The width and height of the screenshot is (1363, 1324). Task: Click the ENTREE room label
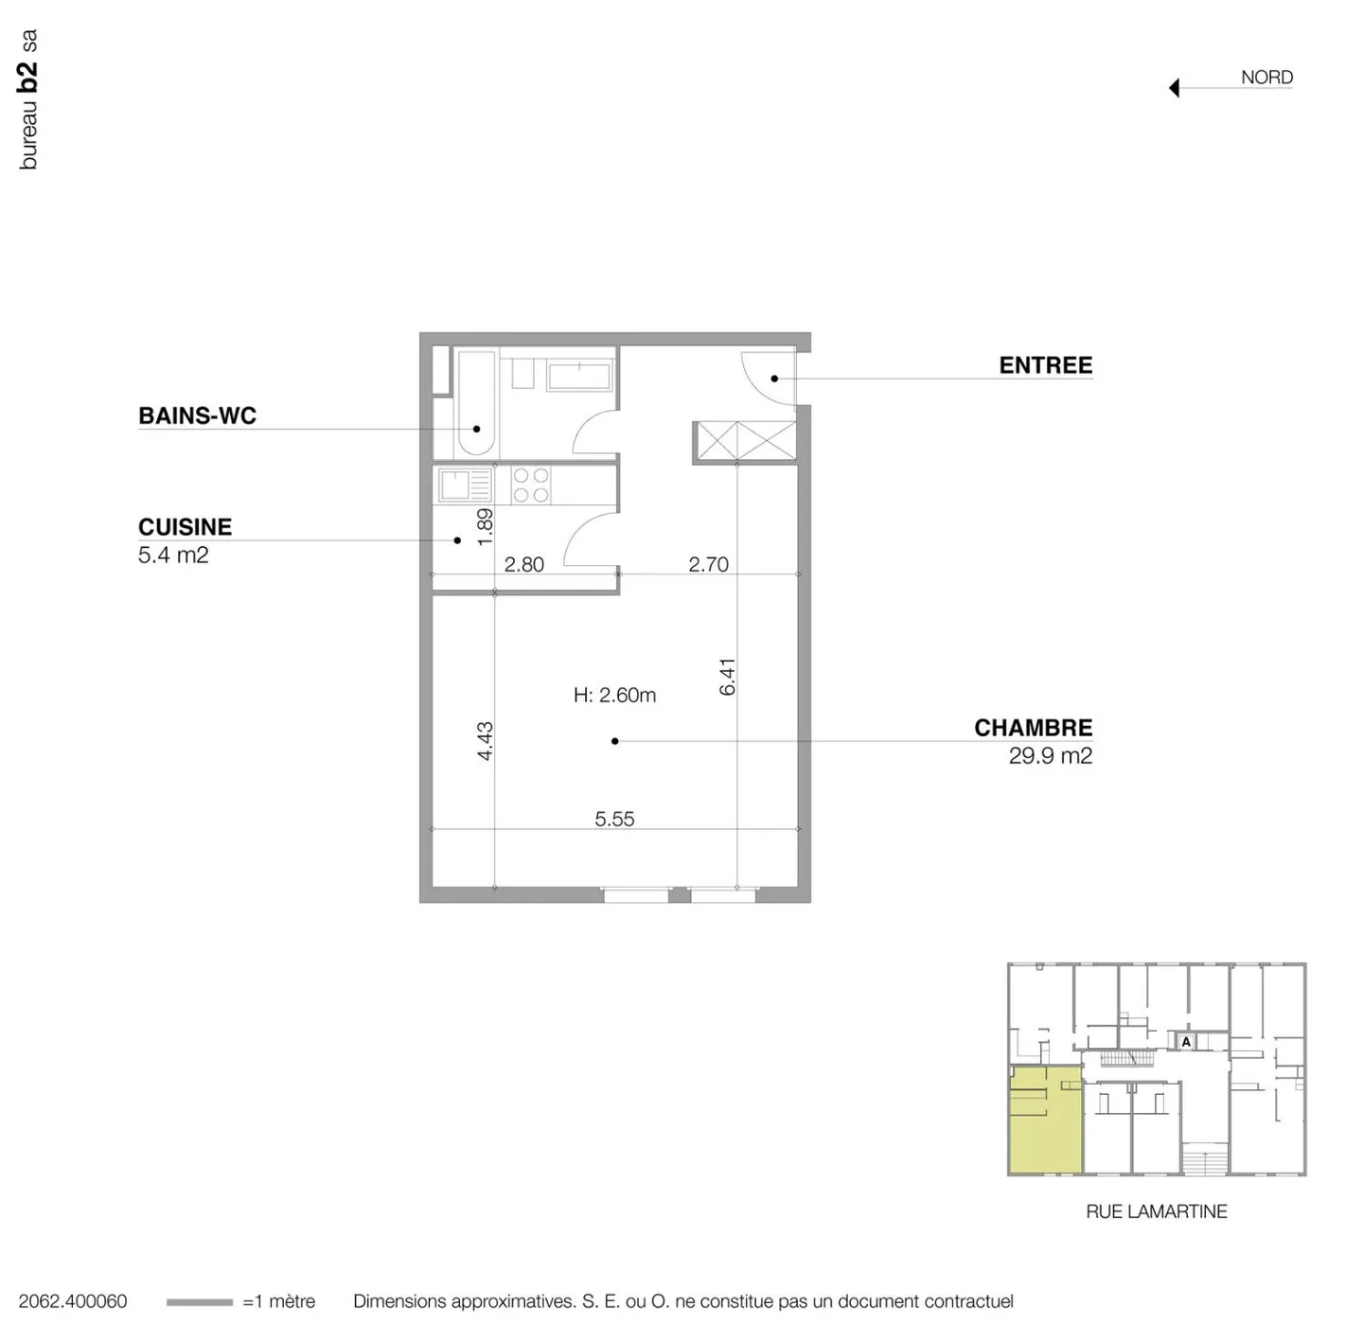(1045, 365)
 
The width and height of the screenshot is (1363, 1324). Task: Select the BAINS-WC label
(197, 415)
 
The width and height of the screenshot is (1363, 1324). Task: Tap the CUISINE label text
(185, 527)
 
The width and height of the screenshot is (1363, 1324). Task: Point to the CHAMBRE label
(1033, 728)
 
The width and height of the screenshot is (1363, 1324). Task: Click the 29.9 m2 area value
(1050, 756)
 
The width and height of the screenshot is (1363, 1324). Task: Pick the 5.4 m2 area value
(173, 556)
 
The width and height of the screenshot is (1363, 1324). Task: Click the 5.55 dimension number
(614, 819)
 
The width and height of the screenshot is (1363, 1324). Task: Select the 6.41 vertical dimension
(727, 677)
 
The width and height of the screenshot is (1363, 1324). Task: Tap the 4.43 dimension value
(485, 741)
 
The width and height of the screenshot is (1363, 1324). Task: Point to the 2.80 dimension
(523, 564)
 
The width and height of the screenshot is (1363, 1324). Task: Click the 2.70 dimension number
(708, 564)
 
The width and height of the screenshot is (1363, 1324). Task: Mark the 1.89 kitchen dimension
(485, 527)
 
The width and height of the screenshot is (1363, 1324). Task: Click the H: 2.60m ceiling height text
(614, 696)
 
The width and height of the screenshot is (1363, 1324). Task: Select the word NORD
(1266, 78)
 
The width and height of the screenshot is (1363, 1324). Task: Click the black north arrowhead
(1175, 88)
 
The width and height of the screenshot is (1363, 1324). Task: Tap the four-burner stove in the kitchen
(530, 485)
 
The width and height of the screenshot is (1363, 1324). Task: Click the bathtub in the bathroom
(475, 404)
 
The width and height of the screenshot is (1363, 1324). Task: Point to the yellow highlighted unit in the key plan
(1045, 1121)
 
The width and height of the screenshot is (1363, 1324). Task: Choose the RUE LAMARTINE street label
(1156, 1211)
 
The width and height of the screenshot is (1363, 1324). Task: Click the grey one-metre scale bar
(199, 1302)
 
